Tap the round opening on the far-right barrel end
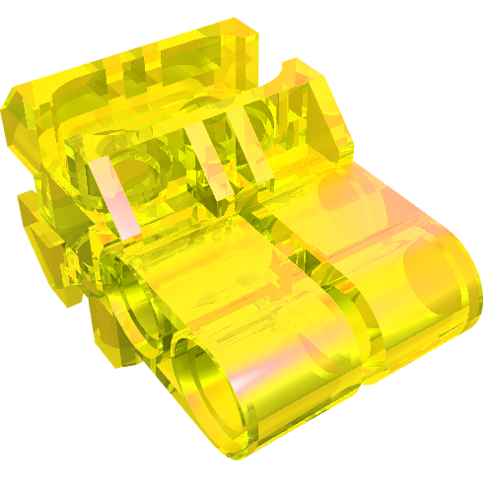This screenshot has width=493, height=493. [x=434, y=286]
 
